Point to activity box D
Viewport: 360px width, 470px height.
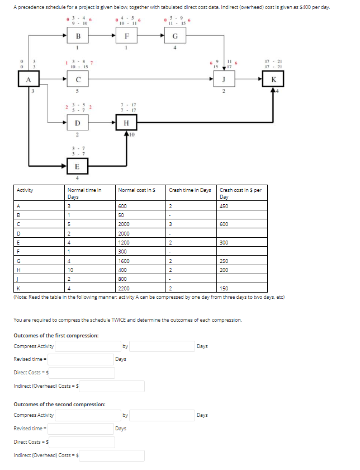coord(78,123)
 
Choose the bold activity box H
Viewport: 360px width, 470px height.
coord(126,123)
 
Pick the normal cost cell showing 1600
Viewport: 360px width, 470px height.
coord(124,261)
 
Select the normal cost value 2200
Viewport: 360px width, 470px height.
coord(124,288)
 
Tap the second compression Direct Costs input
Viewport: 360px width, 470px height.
coord(83,442)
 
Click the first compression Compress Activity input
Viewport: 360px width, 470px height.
coord(87,346)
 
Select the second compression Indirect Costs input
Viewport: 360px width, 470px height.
coord(112,455)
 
